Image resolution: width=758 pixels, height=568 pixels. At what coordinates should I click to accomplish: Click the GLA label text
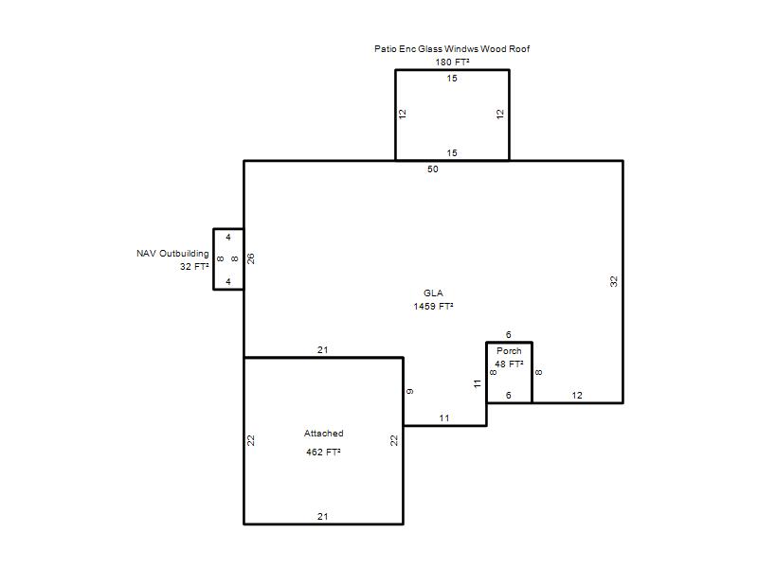tap(433, 293)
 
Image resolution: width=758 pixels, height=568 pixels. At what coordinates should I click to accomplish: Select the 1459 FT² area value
tap(433, 306)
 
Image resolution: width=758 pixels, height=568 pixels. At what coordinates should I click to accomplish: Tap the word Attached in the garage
tap(323, 434)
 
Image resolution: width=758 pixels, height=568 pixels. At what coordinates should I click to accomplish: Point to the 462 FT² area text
tap(323, 453)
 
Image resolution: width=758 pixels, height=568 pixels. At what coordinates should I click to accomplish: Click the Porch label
tap(509, 351)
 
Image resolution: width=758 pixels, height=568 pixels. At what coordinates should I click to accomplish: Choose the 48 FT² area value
tap(509, 364)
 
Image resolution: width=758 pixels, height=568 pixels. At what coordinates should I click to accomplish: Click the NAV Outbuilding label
tap(172, 254)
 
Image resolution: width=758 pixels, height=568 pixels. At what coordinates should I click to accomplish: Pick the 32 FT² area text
tap(194, 267)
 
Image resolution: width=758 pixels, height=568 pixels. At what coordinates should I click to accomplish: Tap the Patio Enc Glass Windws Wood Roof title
tap(452, 49)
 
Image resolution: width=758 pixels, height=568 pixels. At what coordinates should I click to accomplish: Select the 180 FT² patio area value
tap(452, 62)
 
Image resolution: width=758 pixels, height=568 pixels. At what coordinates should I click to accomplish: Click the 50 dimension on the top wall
tap(433, 169)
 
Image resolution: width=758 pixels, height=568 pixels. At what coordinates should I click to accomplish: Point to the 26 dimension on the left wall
tap(251, 258)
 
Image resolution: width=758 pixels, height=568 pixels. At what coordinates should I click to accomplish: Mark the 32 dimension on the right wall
tap(614, 281)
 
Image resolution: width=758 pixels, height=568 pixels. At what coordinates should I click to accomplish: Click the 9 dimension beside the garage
tap(410, 391)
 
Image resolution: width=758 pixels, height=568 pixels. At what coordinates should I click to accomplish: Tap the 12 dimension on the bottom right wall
tap(577, 396)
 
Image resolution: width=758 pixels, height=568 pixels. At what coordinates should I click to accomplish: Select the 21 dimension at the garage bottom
tap(323, 517)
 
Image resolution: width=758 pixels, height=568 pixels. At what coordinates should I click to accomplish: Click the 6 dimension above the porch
tap(509, 335)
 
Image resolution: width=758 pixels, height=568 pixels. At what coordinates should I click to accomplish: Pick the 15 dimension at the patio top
tap(452, 79)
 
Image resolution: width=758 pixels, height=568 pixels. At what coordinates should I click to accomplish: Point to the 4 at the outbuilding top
tap(228, 238)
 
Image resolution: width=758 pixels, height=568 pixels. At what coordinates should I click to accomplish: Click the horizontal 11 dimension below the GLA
tap(444, 418)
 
